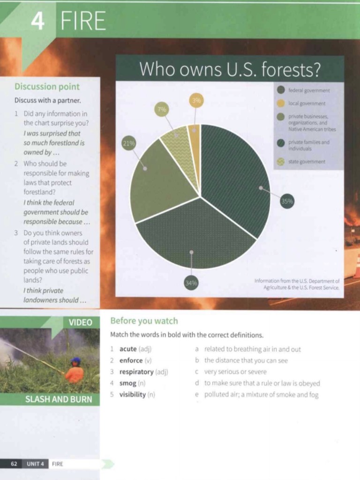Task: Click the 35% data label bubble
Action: [x=287, y=201]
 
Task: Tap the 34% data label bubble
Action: [x=191, y=283]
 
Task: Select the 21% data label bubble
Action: [x=129, y=143]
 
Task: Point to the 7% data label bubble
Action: [x=162, y=109]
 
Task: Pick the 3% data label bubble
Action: [x=196, y=100]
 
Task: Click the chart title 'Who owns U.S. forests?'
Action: [x=230, y=69]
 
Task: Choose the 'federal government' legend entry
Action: [x=303, y=90]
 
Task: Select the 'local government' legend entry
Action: [x=301, y=104]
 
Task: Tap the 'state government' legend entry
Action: [x=301, y=162]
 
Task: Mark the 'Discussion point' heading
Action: [x=47, y=87]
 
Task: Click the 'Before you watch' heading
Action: [x=144, y=321]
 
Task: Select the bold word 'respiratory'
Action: [x=136, y=372]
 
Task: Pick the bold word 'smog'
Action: [x=128, y=383]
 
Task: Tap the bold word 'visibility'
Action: [x=133, y=394]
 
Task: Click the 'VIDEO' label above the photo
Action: [x=81, y=322]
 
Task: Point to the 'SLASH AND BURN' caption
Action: [x=59, y=399]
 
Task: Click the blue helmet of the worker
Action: [x=75, y=360]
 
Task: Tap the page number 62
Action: [x=14, y=464]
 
